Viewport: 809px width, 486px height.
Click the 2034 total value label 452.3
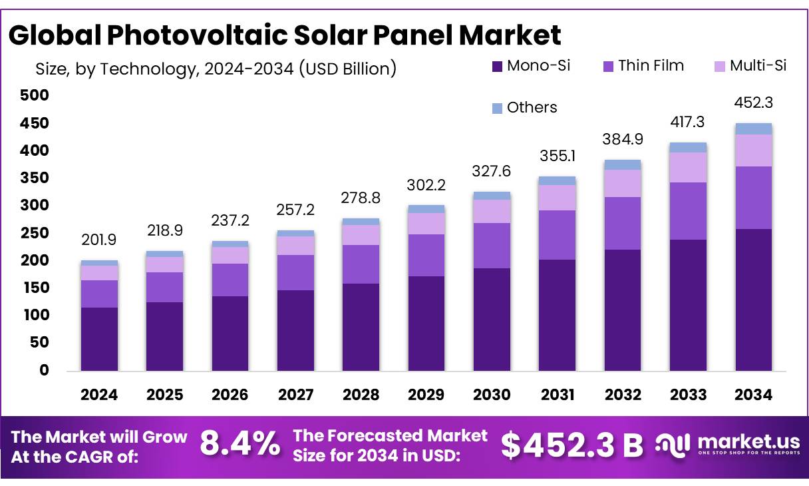point(754,103)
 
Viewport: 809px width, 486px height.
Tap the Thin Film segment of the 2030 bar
point(492,245)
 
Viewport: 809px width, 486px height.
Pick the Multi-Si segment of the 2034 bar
point(754,150)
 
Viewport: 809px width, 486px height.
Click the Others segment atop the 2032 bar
point(623,164)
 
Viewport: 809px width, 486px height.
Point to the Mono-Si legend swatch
point(498,66)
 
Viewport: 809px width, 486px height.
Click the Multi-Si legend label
point(758,66)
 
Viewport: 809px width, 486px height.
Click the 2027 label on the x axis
point(295,395)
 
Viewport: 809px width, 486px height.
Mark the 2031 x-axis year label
point(558,395)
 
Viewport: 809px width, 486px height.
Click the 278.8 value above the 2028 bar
point(361,198)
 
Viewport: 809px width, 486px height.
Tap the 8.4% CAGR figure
point(240,444)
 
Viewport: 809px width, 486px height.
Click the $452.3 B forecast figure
point(571,445)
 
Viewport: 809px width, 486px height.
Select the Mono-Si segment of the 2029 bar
point(426,323)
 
